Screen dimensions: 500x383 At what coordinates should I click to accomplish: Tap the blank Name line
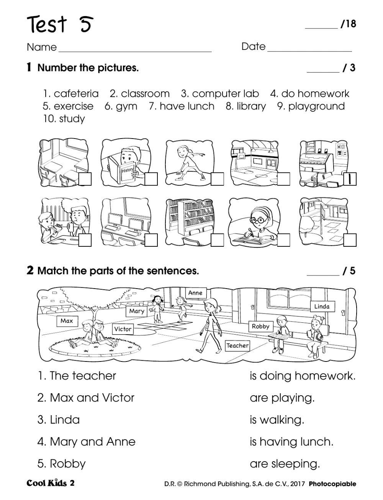[x=134, y=49]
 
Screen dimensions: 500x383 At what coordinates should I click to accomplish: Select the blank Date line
[x=309, y=49]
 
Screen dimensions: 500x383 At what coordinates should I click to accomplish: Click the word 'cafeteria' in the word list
[x=76, y=94]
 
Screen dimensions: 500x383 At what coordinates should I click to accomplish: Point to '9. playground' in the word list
[x=311, y=106]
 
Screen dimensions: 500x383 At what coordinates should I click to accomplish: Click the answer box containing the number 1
[x=350, y=179]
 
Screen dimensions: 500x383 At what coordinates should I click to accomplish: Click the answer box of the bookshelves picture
[x=217, y=240]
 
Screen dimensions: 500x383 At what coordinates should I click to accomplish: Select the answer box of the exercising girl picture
[x=217, y=179]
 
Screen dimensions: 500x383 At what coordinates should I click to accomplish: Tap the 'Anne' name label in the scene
[x=195, y=293]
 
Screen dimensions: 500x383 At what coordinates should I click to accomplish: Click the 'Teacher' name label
[x=237, y=345]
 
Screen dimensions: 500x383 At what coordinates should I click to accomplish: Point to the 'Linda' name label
[x=322, y=306]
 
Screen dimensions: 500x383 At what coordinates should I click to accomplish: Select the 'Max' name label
[x=67, y=321]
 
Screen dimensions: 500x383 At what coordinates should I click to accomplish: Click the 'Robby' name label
[x=260, y=326]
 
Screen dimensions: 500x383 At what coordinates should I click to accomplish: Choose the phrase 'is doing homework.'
[x=303, y=376]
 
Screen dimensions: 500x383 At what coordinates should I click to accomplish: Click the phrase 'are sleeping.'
[x=285, y=464]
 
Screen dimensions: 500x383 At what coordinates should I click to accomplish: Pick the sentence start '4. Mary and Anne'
[x=87, y=442]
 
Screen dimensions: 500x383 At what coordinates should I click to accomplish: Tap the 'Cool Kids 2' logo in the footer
[x=51, y=483]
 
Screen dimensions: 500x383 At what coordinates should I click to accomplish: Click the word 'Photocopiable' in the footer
[x=332, y=484]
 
